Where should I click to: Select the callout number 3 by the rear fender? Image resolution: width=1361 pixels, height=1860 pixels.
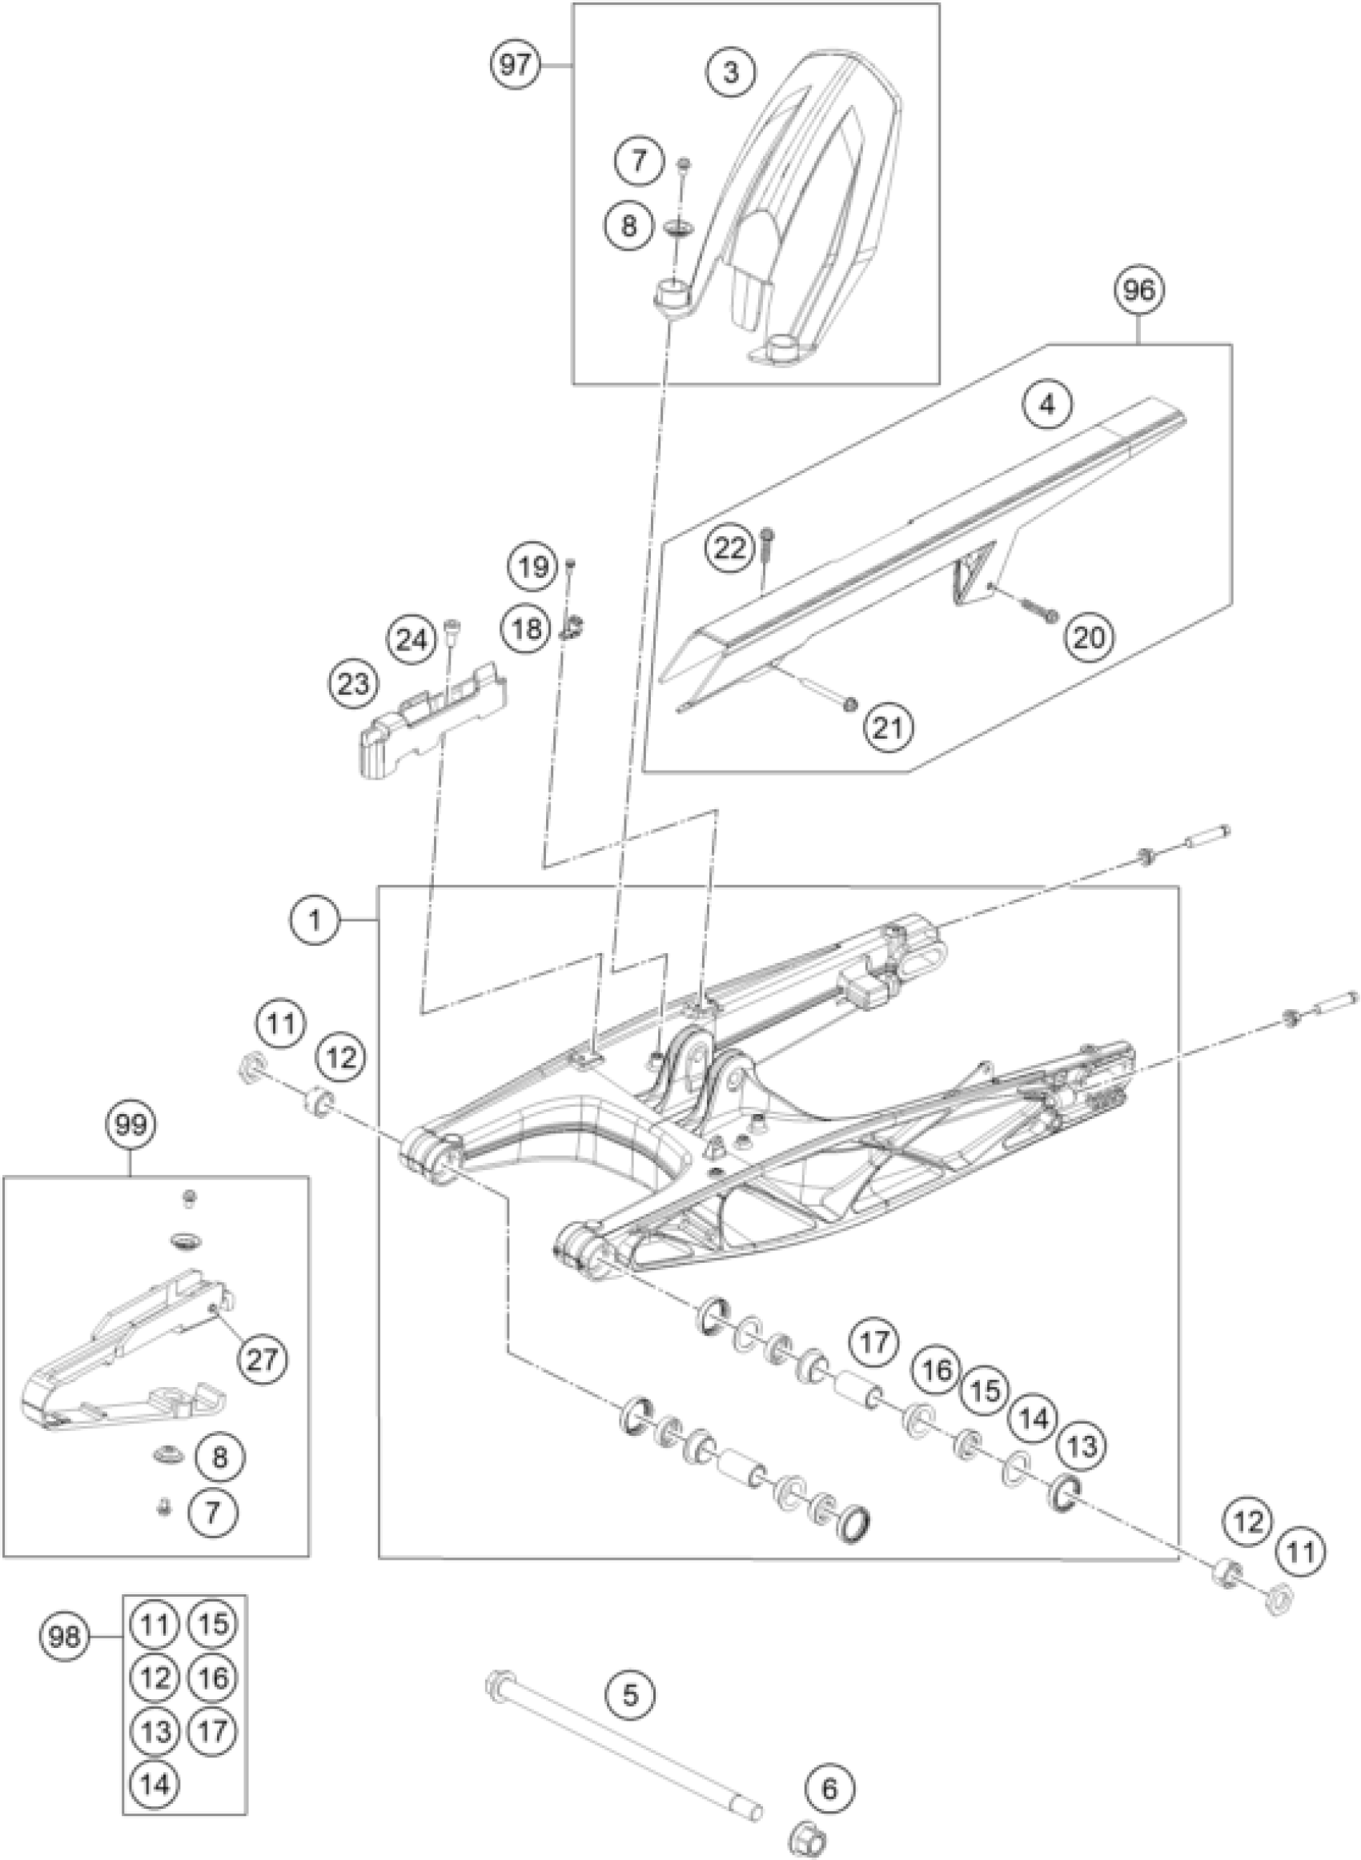pyautogui.click(x=731, y=74)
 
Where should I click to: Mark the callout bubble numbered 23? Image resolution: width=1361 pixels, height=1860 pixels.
pyautogui.click(x=353, y=684)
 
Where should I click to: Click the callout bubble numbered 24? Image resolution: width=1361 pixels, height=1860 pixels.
pyautogui.click(x=414, y=639)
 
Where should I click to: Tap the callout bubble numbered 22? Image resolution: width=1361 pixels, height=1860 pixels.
pyautogui.click(x=731, y=547)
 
